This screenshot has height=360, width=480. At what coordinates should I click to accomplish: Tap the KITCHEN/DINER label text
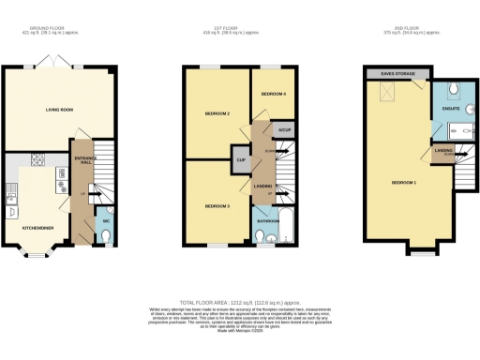[38, 227]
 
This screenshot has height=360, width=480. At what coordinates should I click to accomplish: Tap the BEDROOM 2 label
[217, 114]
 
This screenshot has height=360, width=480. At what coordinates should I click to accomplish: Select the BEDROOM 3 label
[217, 204]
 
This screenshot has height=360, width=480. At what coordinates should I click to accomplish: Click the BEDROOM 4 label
[273, 95]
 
